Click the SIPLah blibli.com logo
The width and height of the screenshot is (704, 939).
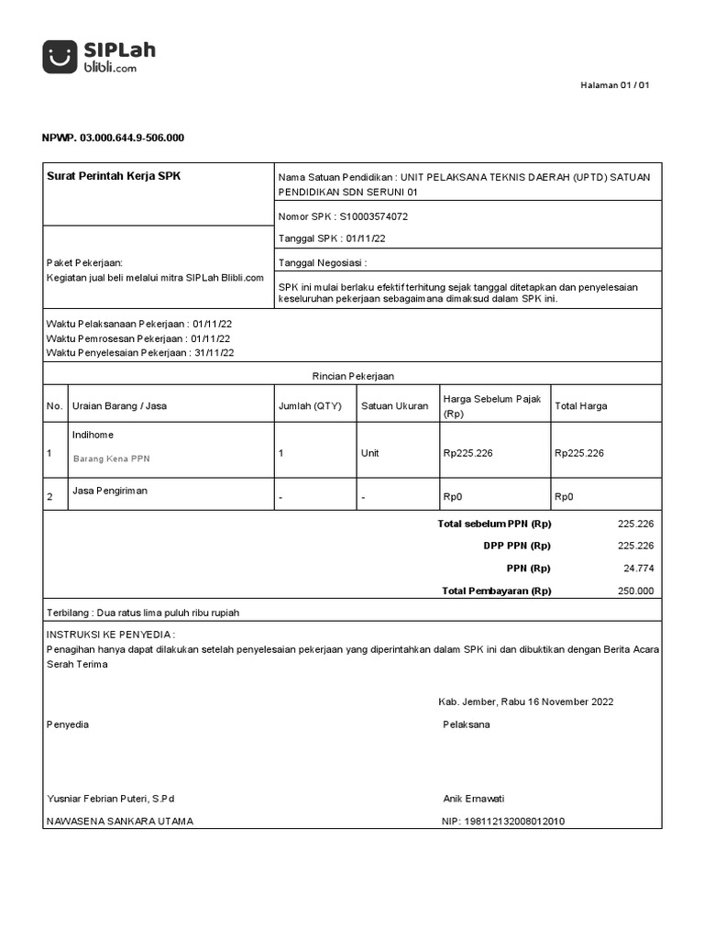[x=99, y=57]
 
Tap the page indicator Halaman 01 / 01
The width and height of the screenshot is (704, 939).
[x=616, y=85]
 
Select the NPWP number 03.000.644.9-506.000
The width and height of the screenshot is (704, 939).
[x=113, y=138]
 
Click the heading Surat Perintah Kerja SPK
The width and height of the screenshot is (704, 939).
[x=114, y=176]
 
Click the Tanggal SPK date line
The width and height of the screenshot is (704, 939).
[x=332, y=238]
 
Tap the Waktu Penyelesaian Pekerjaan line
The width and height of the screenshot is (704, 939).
[x=140, y=352]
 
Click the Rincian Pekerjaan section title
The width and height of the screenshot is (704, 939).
[x=353, y=376]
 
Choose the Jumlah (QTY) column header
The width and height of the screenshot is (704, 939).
[x=309, y=406]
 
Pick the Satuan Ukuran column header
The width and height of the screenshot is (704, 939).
[x=394, y=406]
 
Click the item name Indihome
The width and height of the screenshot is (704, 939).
[x=93, y=435]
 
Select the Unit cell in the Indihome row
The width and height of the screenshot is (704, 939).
[x=370, y=453]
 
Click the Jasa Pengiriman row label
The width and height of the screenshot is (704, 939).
[x=109, y=491]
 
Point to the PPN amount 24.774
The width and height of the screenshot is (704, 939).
[x=638, y=569]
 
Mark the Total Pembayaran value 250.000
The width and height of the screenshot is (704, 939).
[x=636, y=591]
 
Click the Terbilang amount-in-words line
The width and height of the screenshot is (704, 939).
[x=142, y=613]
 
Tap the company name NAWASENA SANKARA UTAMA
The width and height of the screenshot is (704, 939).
[x=120, y=822]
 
